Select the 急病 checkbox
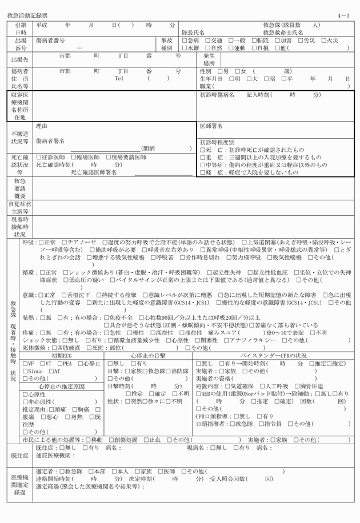pyautogui.click(x=185, y=41)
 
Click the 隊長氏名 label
pyautogui.click(x=193, y=33)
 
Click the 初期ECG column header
pyautogui.click(x=62, y=355)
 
